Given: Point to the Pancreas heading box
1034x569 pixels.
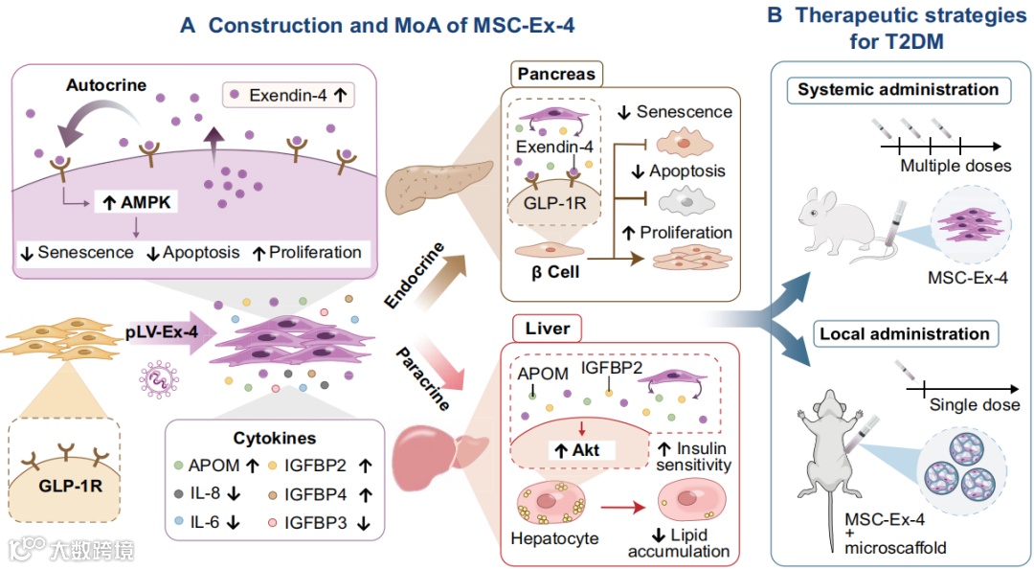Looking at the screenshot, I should (x=555, y=73).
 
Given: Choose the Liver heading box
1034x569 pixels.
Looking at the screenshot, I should (x=548, y=329).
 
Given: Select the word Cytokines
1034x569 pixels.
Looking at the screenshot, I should (x=274, y=439).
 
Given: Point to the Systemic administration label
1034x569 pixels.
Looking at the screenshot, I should (x=898, y=89).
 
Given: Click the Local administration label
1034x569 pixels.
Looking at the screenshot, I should (x=904, y=334).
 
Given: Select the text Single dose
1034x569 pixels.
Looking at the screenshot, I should (x=975, y=405).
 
